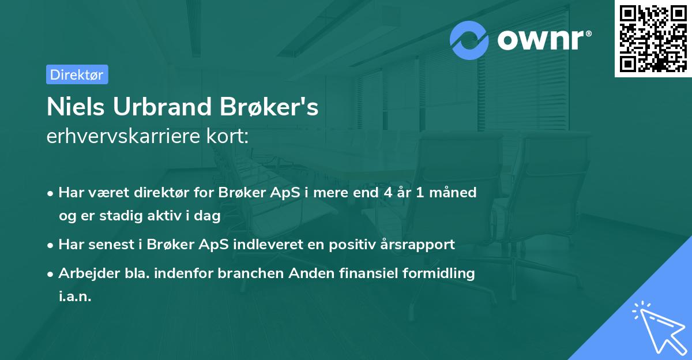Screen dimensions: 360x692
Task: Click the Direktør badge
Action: coord(77,74)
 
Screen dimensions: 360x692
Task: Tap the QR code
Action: coord(653,39)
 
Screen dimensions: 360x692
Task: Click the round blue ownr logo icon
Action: coord(469,40)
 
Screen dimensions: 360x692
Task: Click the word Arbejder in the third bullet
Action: coord(85,273)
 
